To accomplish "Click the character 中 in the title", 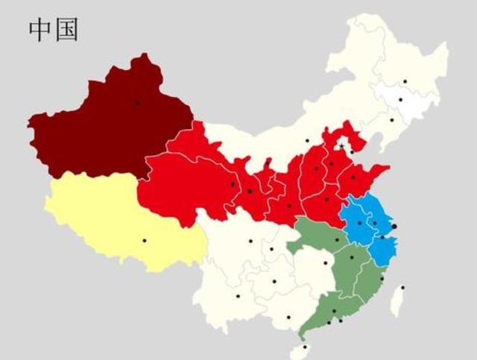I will pyautogui.click(x=40, y=30).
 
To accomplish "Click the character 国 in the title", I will pyautogui.click(x=66, y=30).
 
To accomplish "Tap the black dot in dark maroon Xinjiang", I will pyautogui.click(x=137, y=102).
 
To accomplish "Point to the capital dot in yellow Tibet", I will pyautogui.click(x=145, y=240).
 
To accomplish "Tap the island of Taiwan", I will pyautogui.click(x=398, y=298).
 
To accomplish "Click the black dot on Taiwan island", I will pyautogui.click(x=402, y=287).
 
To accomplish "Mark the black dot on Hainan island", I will pyautogui.click(x=304, y=347).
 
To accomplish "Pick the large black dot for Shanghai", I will pyautogui.click(x=394, y=226).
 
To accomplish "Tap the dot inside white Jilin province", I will pyautogui.click(x=400, y=99).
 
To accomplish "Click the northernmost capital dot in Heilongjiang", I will pyautogui.click(x=405, y=80).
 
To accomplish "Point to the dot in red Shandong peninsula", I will pyautogui.click(x=353, y=177).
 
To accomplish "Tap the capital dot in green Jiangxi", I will pyautogui.click(x=352, y=258).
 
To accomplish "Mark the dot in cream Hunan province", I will pyautogui.click(x=326, y=262).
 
